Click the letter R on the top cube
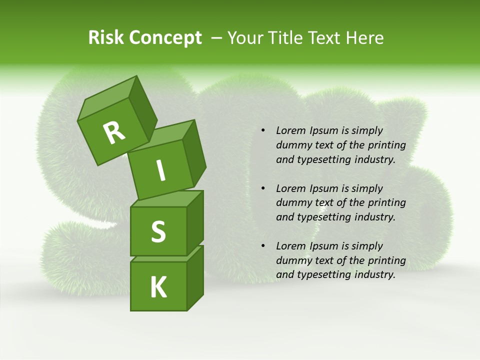pos(114,132)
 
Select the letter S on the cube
pos(158,231)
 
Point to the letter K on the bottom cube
pos(158,287)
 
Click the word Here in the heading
pos(365,37)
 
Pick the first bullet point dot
pos(263,131)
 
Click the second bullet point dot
pos(263,188)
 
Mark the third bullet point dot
pos(263,246)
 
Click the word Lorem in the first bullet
pos(289,130)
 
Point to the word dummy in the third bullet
pos(292,260)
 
